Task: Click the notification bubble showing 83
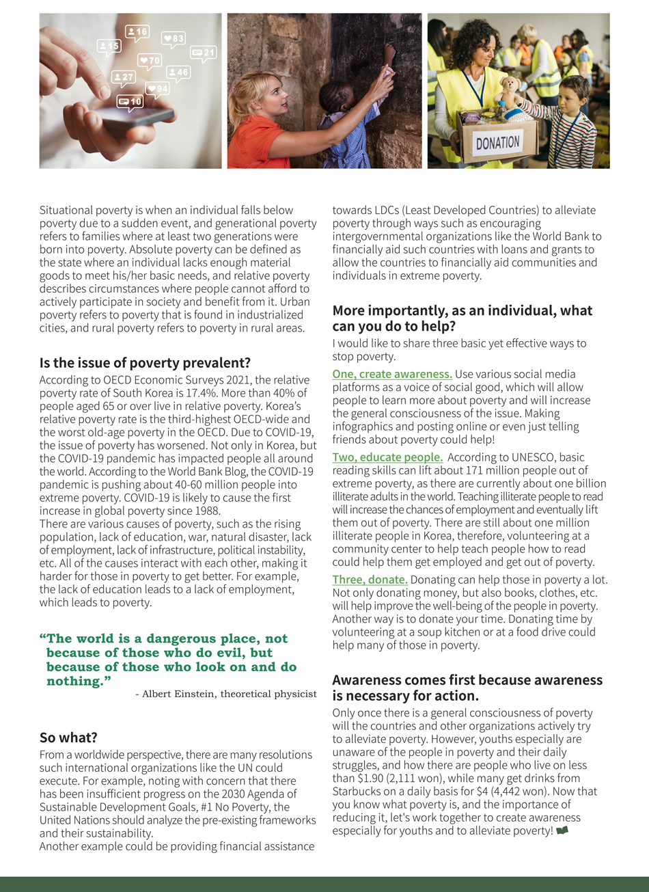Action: (x=174, y=38)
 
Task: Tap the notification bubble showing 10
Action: (x=130, y=102)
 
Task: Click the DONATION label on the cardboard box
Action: (x=497, y=143)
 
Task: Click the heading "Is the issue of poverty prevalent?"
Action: (x=145, y=362)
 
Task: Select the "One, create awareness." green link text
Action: (x=392, y=374)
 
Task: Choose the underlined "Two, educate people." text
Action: (x=387, y=457)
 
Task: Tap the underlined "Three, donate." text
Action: (x=370, y=580)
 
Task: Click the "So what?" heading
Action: (x=68, y=738)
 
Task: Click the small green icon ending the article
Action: (x=562, y=830)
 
